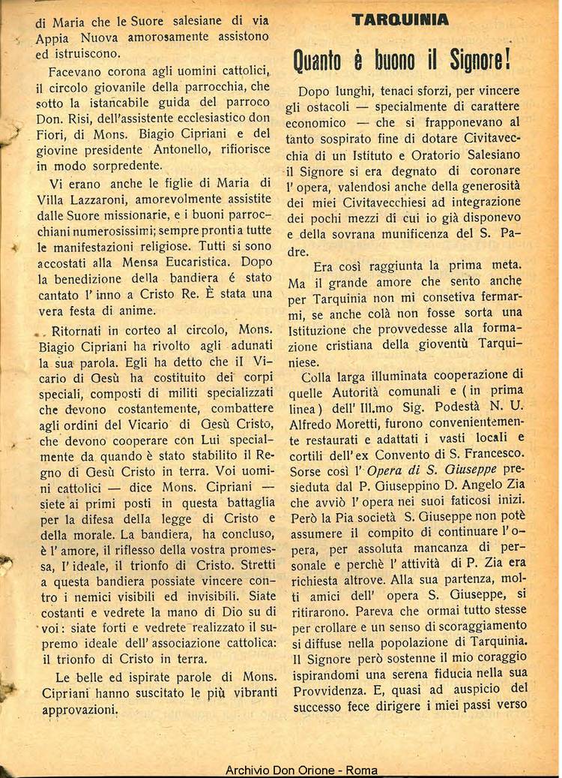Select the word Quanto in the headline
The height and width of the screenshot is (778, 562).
(x=321, y=59)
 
